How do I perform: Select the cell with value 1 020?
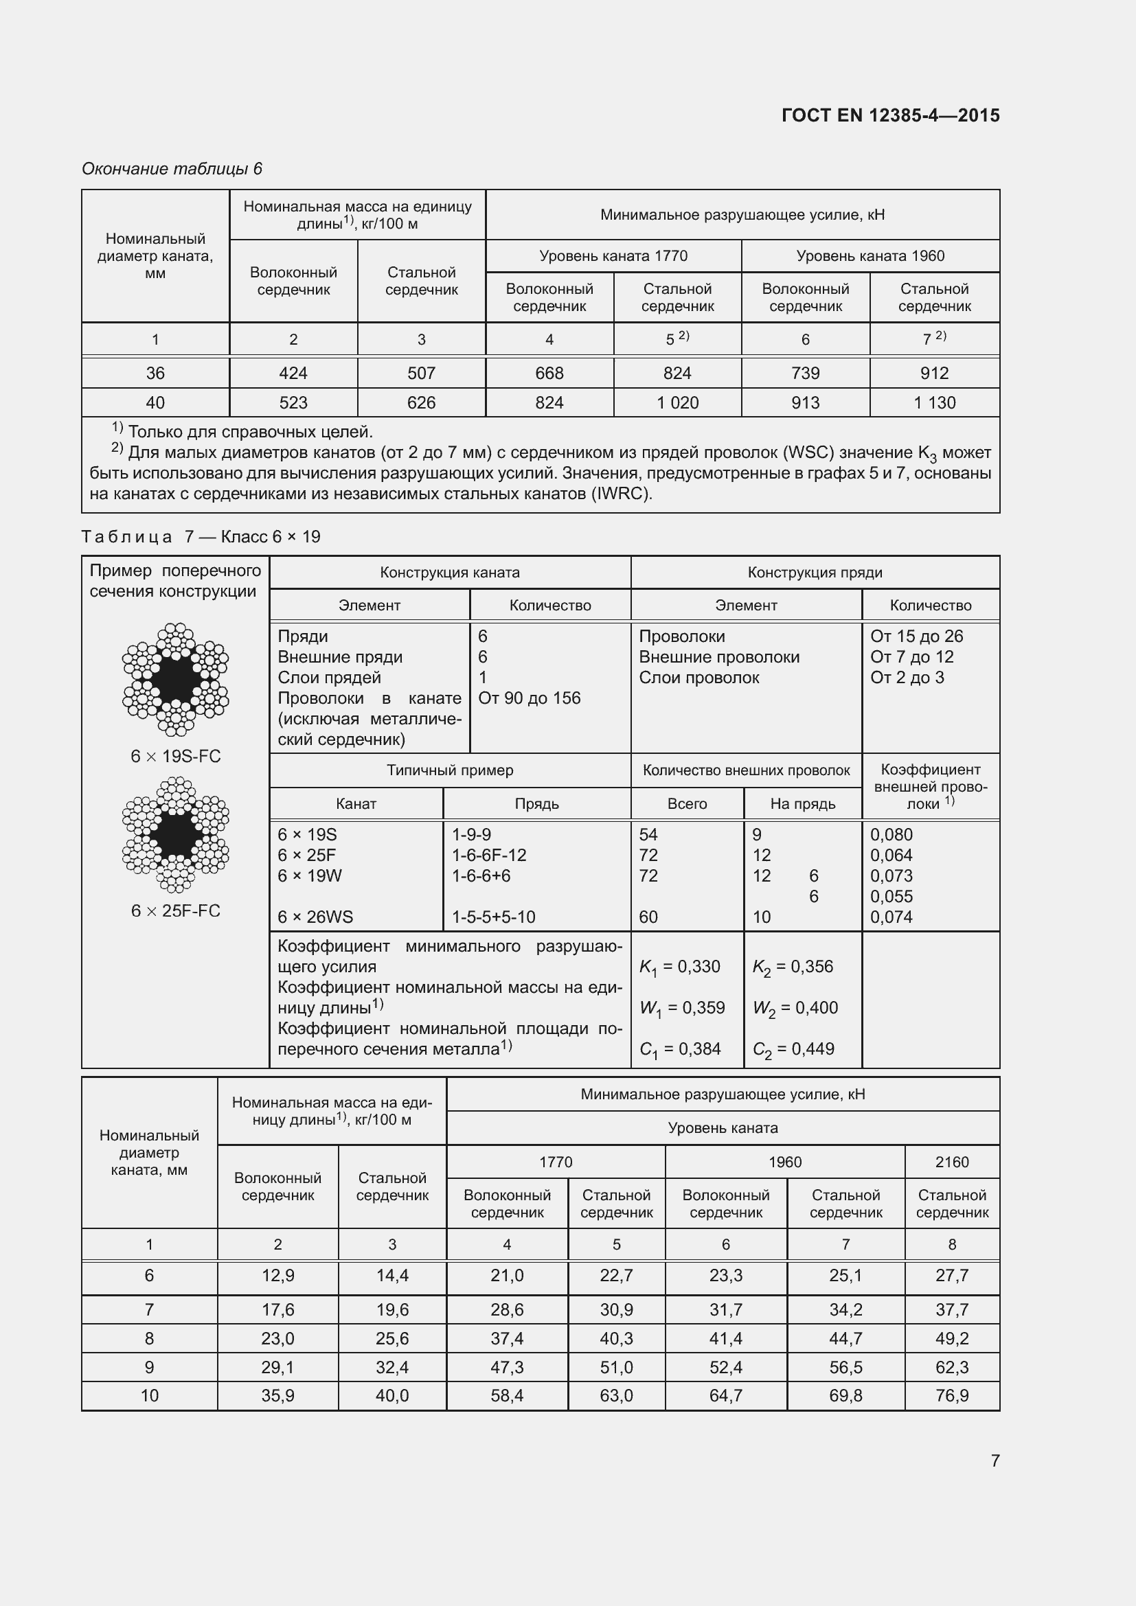(677, 403)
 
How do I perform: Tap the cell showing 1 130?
(934, 403)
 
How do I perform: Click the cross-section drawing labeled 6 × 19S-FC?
(176, 679)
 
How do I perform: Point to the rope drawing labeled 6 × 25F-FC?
(176, 834)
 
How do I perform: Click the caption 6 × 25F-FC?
(176, 910)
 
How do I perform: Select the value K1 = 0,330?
(679, 967)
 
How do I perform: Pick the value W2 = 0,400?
(795, 1008)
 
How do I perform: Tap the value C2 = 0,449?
(793, 1049)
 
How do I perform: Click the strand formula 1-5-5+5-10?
(493, 917)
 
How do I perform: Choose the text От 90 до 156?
(529, 698)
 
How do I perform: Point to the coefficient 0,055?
(891, 897)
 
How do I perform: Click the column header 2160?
(951, 1162)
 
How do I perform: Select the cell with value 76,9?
(951, 1395)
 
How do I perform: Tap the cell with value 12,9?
(277, 1275)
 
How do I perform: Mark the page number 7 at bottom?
(995, 1460)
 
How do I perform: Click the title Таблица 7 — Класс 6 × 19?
(201, 536)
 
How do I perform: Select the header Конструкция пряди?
(815, 572)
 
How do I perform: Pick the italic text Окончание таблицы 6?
(172, 169)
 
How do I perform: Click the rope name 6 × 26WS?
(315, 917)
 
